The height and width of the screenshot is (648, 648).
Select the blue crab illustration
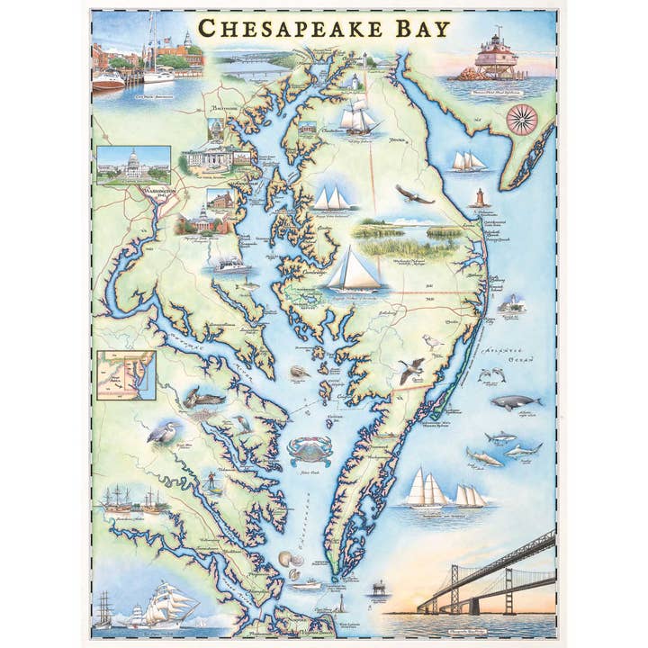pos(309,450)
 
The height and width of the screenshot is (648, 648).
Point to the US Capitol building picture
pos(133,164)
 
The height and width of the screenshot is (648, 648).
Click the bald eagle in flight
pos(413,193)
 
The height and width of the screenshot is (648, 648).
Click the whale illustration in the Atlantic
pos(517,402)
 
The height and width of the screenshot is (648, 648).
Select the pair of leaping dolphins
pos(490,373)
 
